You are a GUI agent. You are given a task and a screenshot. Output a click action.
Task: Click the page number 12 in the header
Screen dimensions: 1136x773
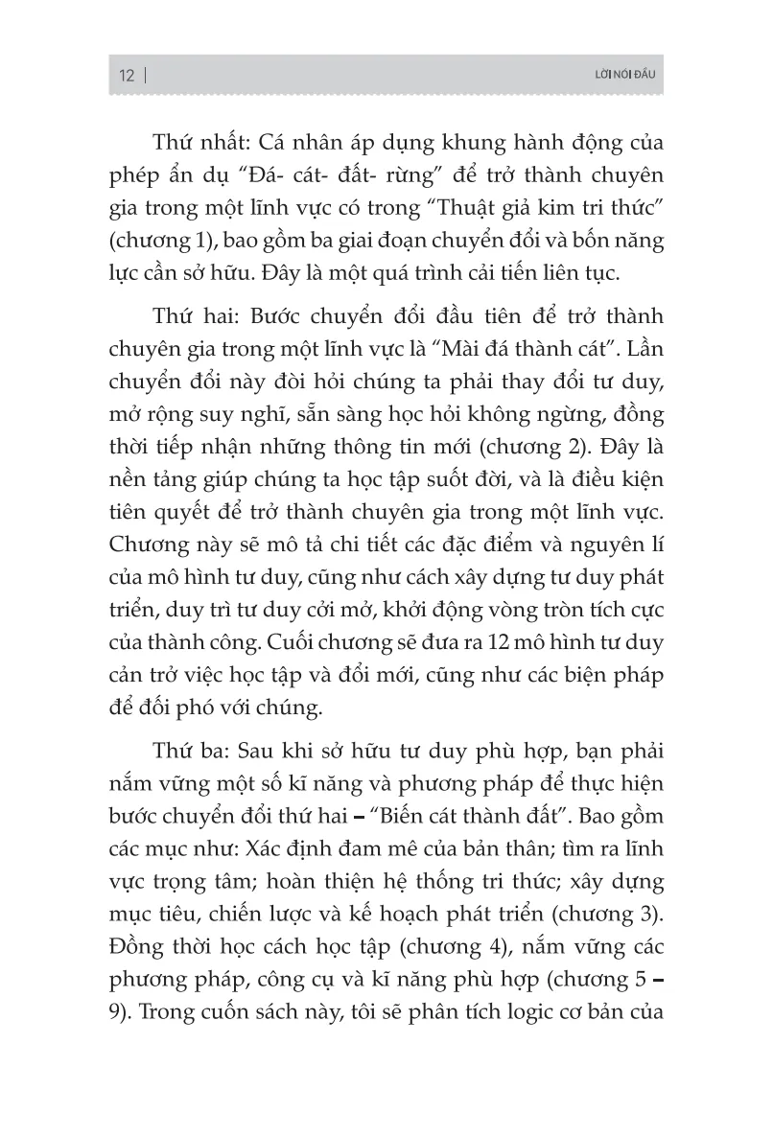click(x=127, y=77)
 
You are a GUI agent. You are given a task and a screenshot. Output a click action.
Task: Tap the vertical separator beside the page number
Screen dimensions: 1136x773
click(x=145, y=77)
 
